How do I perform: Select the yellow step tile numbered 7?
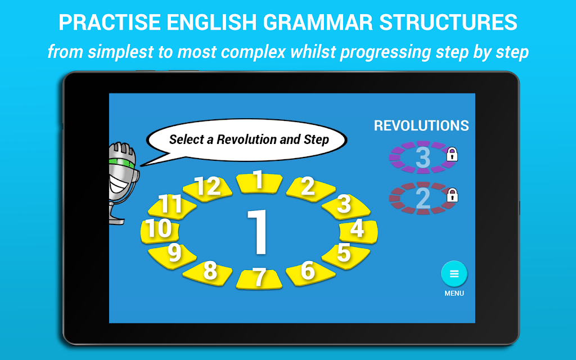pos(259,279)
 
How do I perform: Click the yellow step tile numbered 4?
pos(358,231)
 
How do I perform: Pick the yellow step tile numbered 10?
pos(159,231)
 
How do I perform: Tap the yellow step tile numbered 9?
pos(172,256)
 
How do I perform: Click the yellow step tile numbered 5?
pos(346,256)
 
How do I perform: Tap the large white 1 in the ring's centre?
pos(258,232)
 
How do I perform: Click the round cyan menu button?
pos(454,274)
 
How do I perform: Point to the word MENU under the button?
pos(454,294)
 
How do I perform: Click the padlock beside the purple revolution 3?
pos(452,154)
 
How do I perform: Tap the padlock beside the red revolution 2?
pos(452,195)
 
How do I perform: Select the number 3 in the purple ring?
pos(423,157)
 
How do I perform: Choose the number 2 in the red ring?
pos(423,199)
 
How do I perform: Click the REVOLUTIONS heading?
pos(421,125)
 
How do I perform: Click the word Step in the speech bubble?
pos(316,140)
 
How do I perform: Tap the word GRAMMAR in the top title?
pos(318,22)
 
